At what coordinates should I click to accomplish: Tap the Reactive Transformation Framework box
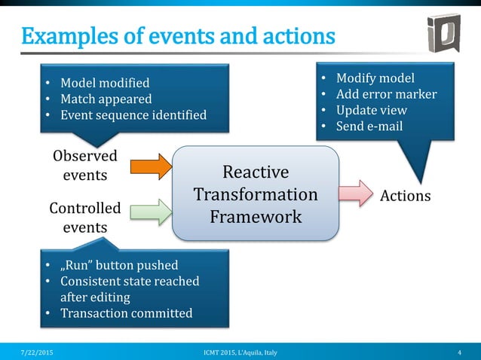[x=256, y=194]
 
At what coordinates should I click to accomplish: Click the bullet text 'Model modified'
[x=105, y=83]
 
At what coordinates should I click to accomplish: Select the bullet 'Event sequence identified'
[x=133, y=114]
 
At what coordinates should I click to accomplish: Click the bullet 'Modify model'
[x=375, y=78]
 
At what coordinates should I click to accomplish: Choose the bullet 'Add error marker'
[x=386, y=94]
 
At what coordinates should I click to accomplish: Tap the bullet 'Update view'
[x=371, y=110]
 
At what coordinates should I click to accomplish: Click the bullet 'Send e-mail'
[x=369, y=126]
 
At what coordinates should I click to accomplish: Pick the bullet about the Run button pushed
[x=119, y=265]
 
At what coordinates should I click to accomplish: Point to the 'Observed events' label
[x=85, y=166]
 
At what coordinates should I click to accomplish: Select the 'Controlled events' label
[x=84, y=217]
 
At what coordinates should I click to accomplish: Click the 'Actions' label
[x=406, y=196]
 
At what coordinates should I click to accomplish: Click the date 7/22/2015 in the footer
[x=37, y=352]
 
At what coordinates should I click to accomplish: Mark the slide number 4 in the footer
[x=459, y=352]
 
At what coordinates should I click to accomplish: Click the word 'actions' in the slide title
[x=290, y=35]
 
